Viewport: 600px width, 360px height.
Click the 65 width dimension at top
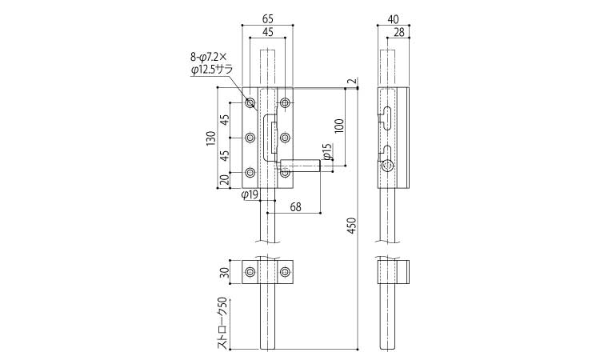(x=267, y=18)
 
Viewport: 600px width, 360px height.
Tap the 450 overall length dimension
(x=352, y=226)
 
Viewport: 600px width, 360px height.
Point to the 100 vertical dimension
(x=339, y=126)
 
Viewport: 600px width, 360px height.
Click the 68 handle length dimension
(x=296, y=207)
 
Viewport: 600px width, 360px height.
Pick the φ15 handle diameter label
(x=326, y=151)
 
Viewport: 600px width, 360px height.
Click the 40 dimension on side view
(x=393, y=18)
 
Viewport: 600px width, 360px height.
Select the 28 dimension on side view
(x=398, y=32)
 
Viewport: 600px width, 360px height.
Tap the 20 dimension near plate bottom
(x=225, y=180)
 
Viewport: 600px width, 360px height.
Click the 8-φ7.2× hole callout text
(x=209, y=57)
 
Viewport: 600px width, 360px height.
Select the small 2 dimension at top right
(x=352, y=81)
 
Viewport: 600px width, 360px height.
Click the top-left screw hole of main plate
(x=250, y=103)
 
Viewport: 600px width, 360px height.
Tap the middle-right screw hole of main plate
(x=285, y=138)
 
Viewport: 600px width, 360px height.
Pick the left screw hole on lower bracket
(x=250, y=272)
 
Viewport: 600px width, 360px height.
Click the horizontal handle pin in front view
(x=299, y=166)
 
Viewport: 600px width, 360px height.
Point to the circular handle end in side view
(x=388, y=166)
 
